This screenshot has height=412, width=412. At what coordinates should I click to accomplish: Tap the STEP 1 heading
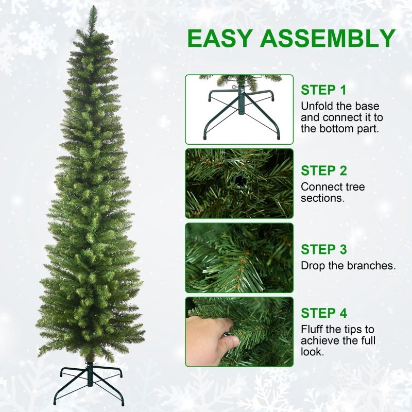(x=324, y=90)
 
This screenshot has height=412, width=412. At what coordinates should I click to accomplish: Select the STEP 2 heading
(x=324, y=170)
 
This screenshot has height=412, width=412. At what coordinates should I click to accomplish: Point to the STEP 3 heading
(x=324, y=250)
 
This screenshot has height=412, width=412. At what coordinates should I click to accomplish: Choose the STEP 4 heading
(x=324, y=313)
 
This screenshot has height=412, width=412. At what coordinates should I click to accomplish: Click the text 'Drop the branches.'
(x=348, y=266)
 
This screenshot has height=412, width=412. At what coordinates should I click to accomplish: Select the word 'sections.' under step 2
(x=323, y=198)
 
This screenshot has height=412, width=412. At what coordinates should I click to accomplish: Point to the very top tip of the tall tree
(x=93, y=8)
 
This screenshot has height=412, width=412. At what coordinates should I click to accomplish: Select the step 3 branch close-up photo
(x=239, y=257)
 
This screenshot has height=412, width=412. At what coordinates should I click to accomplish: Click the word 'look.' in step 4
(x=313, y=352)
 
